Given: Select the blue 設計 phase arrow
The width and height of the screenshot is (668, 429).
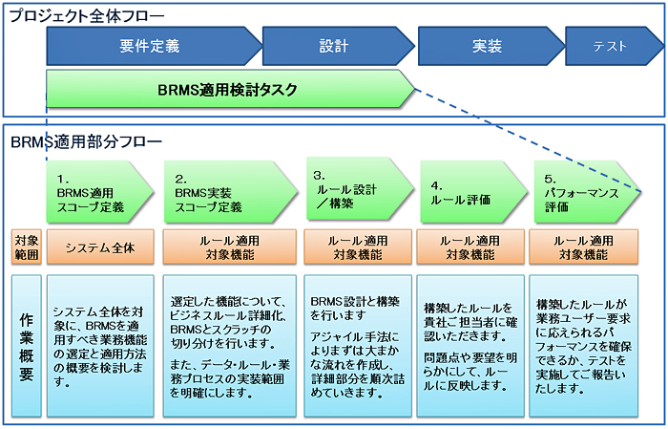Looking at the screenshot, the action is (338, 46).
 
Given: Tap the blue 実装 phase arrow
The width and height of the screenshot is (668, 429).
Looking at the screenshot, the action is (491, 46).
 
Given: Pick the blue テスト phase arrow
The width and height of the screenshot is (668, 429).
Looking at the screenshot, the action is (614, 46).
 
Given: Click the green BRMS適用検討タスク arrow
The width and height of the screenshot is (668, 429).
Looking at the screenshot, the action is (230, 89).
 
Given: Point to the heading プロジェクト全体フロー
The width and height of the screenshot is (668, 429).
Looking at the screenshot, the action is (87, 16).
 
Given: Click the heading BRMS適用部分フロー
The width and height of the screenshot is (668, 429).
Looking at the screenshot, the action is (87, 141).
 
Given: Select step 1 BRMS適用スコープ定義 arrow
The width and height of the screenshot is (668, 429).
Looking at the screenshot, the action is (99, 192).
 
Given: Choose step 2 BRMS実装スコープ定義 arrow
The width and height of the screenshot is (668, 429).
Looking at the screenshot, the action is (231, 192).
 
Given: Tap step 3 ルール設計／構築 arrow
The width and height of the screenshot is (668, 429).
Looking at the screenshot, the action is (360, 189).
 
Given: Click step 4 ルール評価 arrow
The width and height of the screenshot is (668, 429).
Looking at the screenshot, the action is (473, 192).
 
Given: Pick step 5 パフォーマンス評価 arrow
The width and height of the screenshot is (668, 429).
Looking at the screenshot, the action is (588, 192).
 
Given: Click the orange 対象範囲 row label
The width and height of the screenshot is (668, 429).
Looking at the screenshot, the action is (27, 247).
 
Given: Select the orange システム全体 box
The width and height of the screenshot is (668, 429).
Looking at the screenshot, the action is (100, 247).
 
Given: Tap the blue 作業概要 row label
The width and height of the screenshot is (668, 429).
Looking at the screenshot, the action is (27, 346).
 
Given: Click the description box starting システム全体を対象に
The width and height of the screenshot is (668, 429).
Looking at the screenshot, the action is (100, 346).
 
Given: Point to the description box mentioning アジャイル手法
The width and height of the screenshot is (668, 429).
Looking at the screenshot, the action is (358, 346).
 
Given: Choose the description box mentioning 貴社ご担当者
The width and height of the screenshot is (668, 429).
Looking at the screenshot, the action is (470, 346).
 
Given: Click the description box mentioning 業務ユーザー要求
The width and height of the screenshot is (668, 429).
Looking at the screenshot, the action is (584, 346).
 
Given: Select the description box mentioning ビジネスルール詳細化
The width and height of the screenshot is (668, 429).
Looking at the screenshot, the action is (230, 346).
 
